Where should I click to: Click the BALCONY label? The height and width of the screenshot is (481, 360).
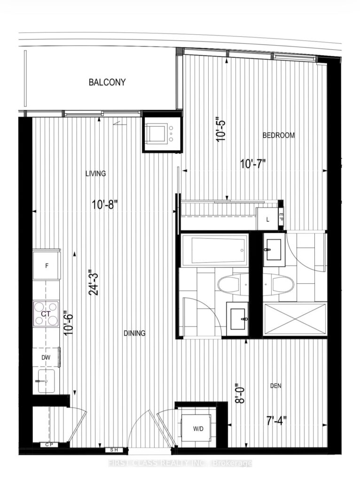click(107, 83)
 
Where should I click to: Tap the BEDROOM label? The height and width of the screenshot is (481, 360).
click(279, 135)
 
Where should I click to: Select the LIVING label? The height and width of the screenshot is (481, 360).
click(95, 173)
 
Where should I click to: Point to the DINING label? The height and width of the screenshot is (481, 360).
click(134, 333)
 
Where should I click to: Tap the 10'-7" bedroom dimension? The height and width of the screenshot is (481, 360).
click(253, 164)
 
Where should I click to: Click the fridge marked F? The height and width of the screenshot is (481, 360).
click(47, 266)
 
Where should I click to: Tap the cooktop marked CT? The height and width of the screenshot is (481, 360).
click(46, 313)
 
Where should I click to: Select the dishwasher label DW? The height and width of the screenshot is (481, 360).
click(46, 357)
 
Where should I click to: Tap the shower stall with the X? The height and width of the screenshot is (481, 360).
click(295, 319)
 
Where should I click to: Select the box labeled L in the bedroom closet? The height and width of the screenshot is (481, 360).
click(268, 219)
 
